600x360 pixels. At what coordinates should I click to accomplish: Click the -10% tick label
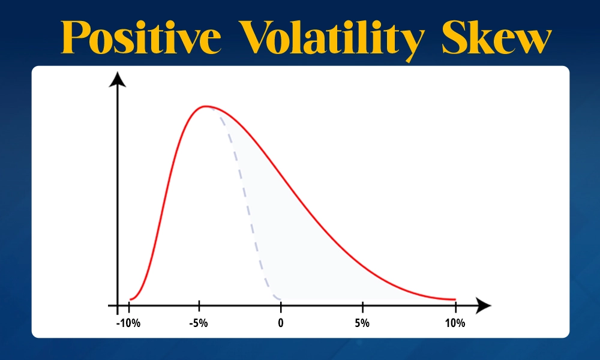[128, 323]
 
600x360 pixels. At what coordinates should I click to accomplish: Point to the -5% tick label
[199, 323]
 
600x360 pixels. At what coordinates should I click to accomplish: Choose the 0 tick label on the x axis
[281, 323]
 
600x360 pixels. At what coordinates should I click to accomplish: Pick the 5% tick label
[362, 323]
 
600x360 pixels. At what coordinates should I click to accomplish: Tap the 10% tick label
[455, 323]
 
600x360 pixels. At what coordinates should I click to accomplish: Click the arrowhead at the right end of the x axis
[484, 307]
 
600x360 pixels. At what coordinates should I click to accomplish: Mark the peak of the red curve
[206, 107]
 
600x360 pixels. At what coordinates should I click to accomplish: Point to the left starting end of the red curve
[130, 299]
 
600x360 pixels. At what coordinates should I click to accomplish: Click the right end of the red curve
[455, 299]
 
